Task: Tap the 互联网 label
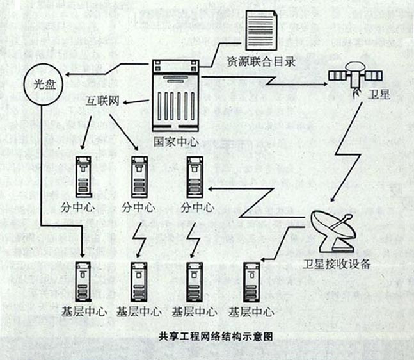(104, 102)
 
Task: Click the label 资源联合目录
(260, 62)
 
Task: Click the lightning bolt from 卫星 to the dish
(353, 154)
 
